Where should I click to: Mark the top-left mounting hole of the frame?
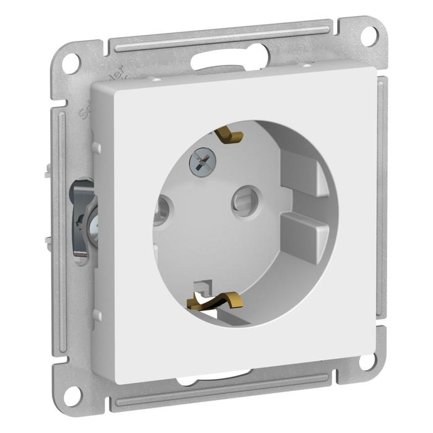coord(72,62)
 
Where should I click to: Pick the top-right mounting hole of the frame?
coord(370,35)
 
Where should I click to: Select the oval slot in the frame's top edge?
coord(229,59)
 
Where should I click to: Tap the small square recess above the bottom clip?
coord(201,286)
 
